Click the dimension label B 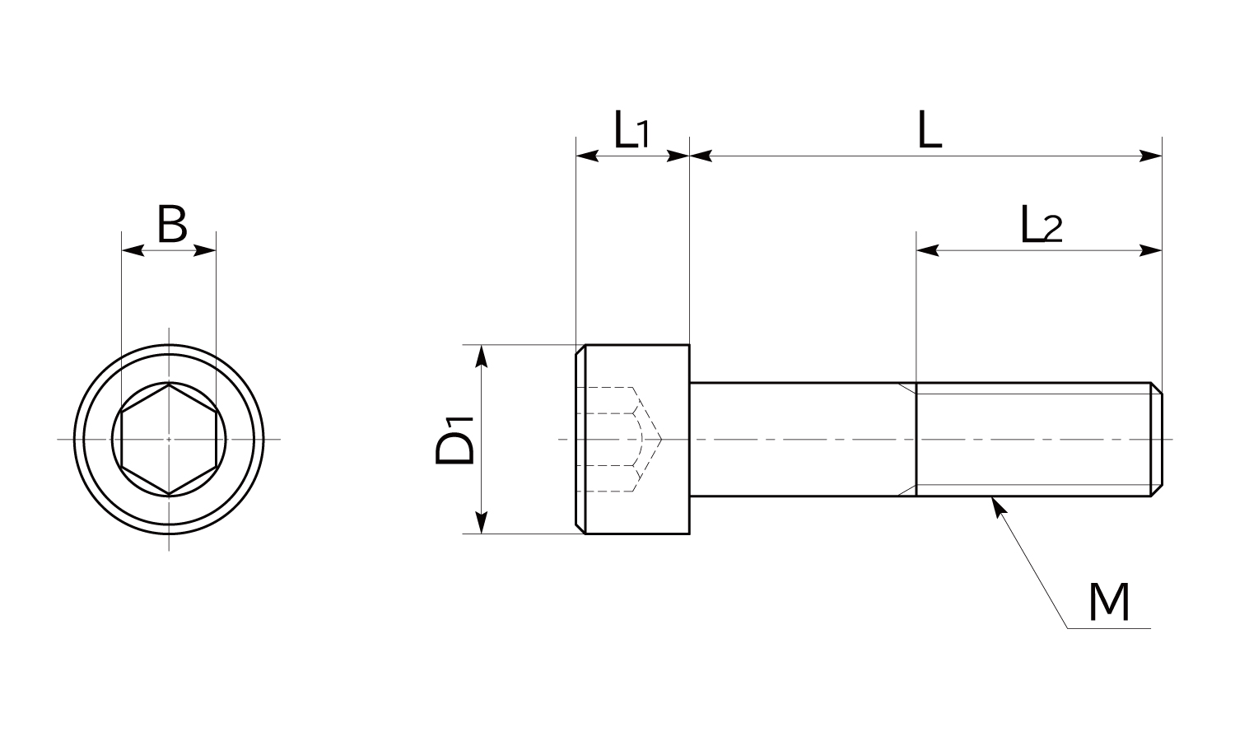click(172, 225)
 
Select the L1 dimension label click(631, 131)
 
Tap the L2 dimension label click(1041, 225)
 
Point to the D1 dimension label click(455, 440)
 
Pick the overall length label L click(930, 131)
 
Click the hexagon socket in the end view click(169, 439)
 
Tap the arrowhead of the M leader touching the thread click(997, 505)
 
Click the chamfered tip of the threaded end click(1156, 440)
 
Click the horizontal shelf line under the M click(1108, 628)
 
